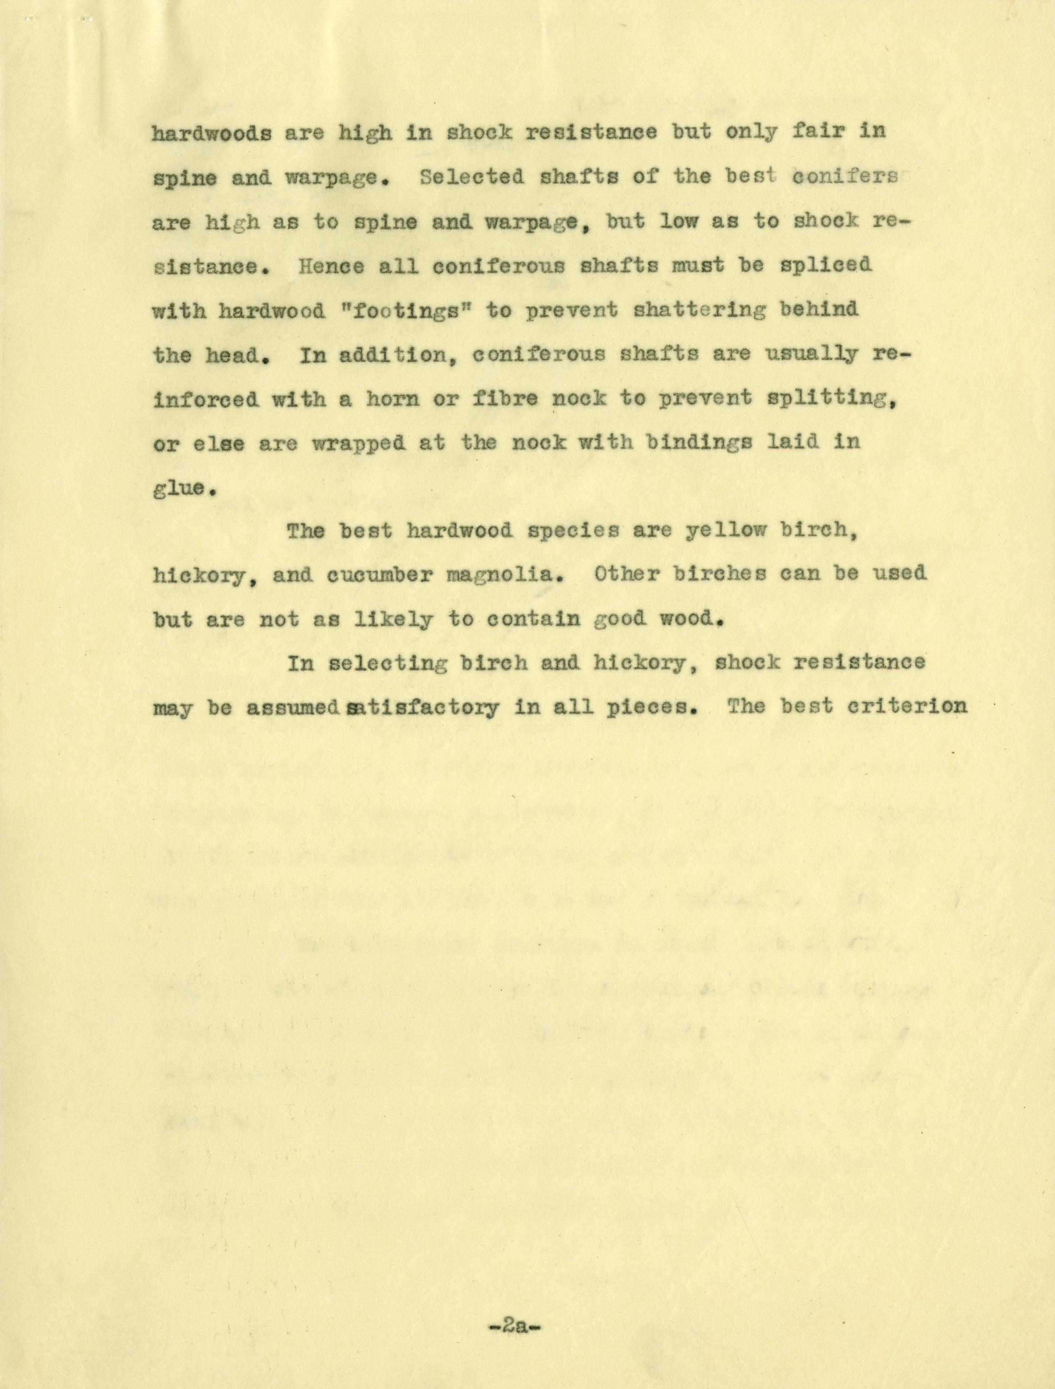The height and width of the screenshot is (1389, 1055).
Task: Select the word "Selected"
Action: tap(472, 177)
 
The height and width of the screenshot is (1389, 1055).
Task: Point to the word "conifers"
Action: tap(845, 177)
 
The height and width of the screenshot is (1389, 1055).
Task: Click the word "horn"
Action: tap(393, 399)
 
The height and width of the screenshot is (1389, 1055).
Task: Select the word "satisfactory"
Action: tap(424, 708)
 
